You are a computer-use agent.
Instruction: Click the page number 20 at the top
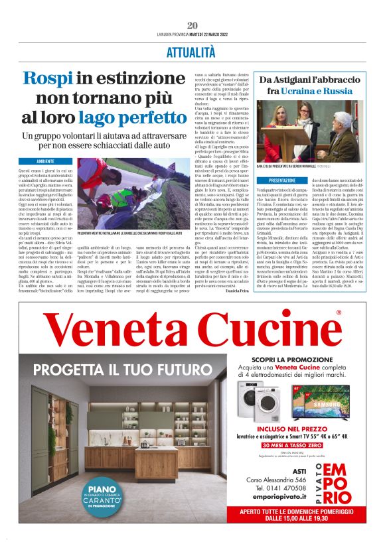[193, 25]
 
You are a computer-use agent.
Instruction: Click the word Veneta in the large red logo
[117, 331]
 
